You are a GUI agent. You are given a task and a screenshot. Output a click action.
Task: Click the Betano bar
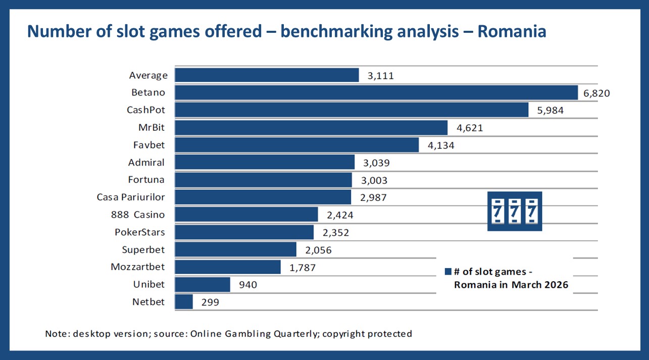pos(376,92)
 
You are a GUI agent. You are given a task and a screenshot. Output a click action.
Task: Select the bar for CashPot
pos(352,110)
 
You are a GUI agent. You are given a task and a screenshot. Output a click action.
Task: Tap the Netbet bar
pos(184,302)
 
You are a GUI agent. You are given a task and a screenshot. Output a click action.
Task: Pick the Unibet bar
pos(203,285)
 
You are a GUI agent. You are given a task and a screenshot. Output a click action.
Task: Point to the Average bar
pos(267,75)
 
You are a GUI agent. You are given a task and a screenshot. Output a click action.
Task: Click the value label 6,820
pos(597,93)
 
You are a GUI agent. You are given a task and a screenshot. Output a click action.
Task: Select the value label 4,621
pos(470,128)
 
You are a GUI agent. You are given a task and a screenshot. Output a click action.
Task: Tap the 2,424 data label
pos(340,215)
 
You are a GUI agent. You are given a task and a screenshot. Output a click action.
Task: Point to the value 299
pos(210,302)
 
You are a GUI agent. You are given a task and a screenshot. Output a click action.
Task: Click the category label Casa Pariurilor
pos(131,197)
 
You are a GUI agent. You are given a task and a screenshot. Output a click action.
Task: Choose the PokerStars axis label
pos(140,232)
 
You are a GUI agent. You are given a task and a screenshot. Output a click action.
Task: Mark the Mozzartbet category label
pos(138,267)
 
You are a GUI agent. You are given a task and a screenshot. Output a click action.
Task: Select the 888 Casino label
pos(138,215)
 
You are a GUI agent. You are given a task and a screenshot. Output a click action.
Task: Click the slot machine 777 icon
pos(514,211)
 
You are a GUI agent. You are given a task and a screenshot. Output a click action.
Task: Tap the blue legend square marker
pos(447,272)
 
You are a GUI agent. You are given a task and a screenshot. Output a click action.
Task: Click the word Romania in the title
pos(511,32)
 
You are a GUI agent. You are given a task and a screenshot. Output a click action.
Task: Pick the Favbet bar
pos(296,145)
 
